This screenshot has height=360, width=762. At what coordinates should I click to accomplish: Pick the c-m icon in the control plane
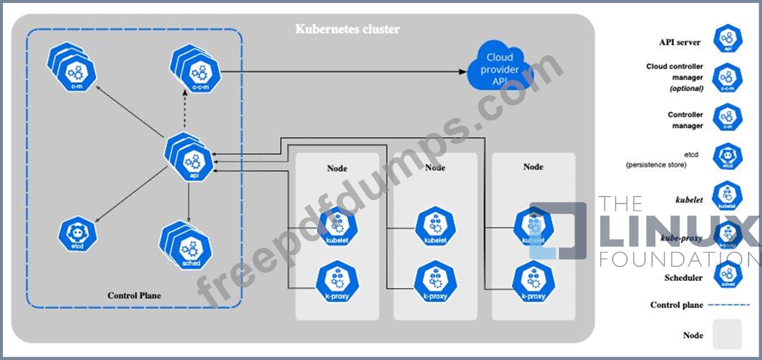click(76, 74)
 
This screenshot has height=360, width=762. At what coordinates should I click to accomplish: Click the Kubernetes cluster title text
click(347, 28)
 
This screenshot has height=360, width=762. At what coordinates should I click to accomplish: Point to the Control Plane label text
click(134, 295)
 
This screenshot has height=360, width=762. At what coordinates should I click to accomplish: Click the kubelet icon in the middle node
click(435, 228)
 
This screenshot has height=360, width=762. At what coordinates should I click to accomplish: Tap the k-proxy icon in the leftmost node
click(337, 283)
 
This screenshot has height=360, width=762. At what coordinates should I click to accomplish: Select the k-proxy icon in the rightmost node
click(533, 283)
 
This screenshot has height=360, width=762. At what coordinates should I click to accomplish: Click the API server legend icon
click(728, 39)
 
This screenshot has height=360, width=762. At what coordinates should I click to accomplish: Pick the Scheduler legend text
click(683, 278)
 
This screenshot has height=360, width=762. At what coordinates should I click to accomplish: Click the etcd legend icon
click(728, 158)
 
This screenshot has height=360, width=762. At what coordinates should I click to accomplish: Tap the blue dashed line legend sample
click(729, 305)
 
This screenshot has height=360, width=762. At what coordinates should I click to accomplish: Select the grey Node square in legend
click(728, 334)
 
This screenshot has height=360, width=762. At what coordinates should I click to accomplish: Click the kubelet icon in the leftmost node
click(337, 228)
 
